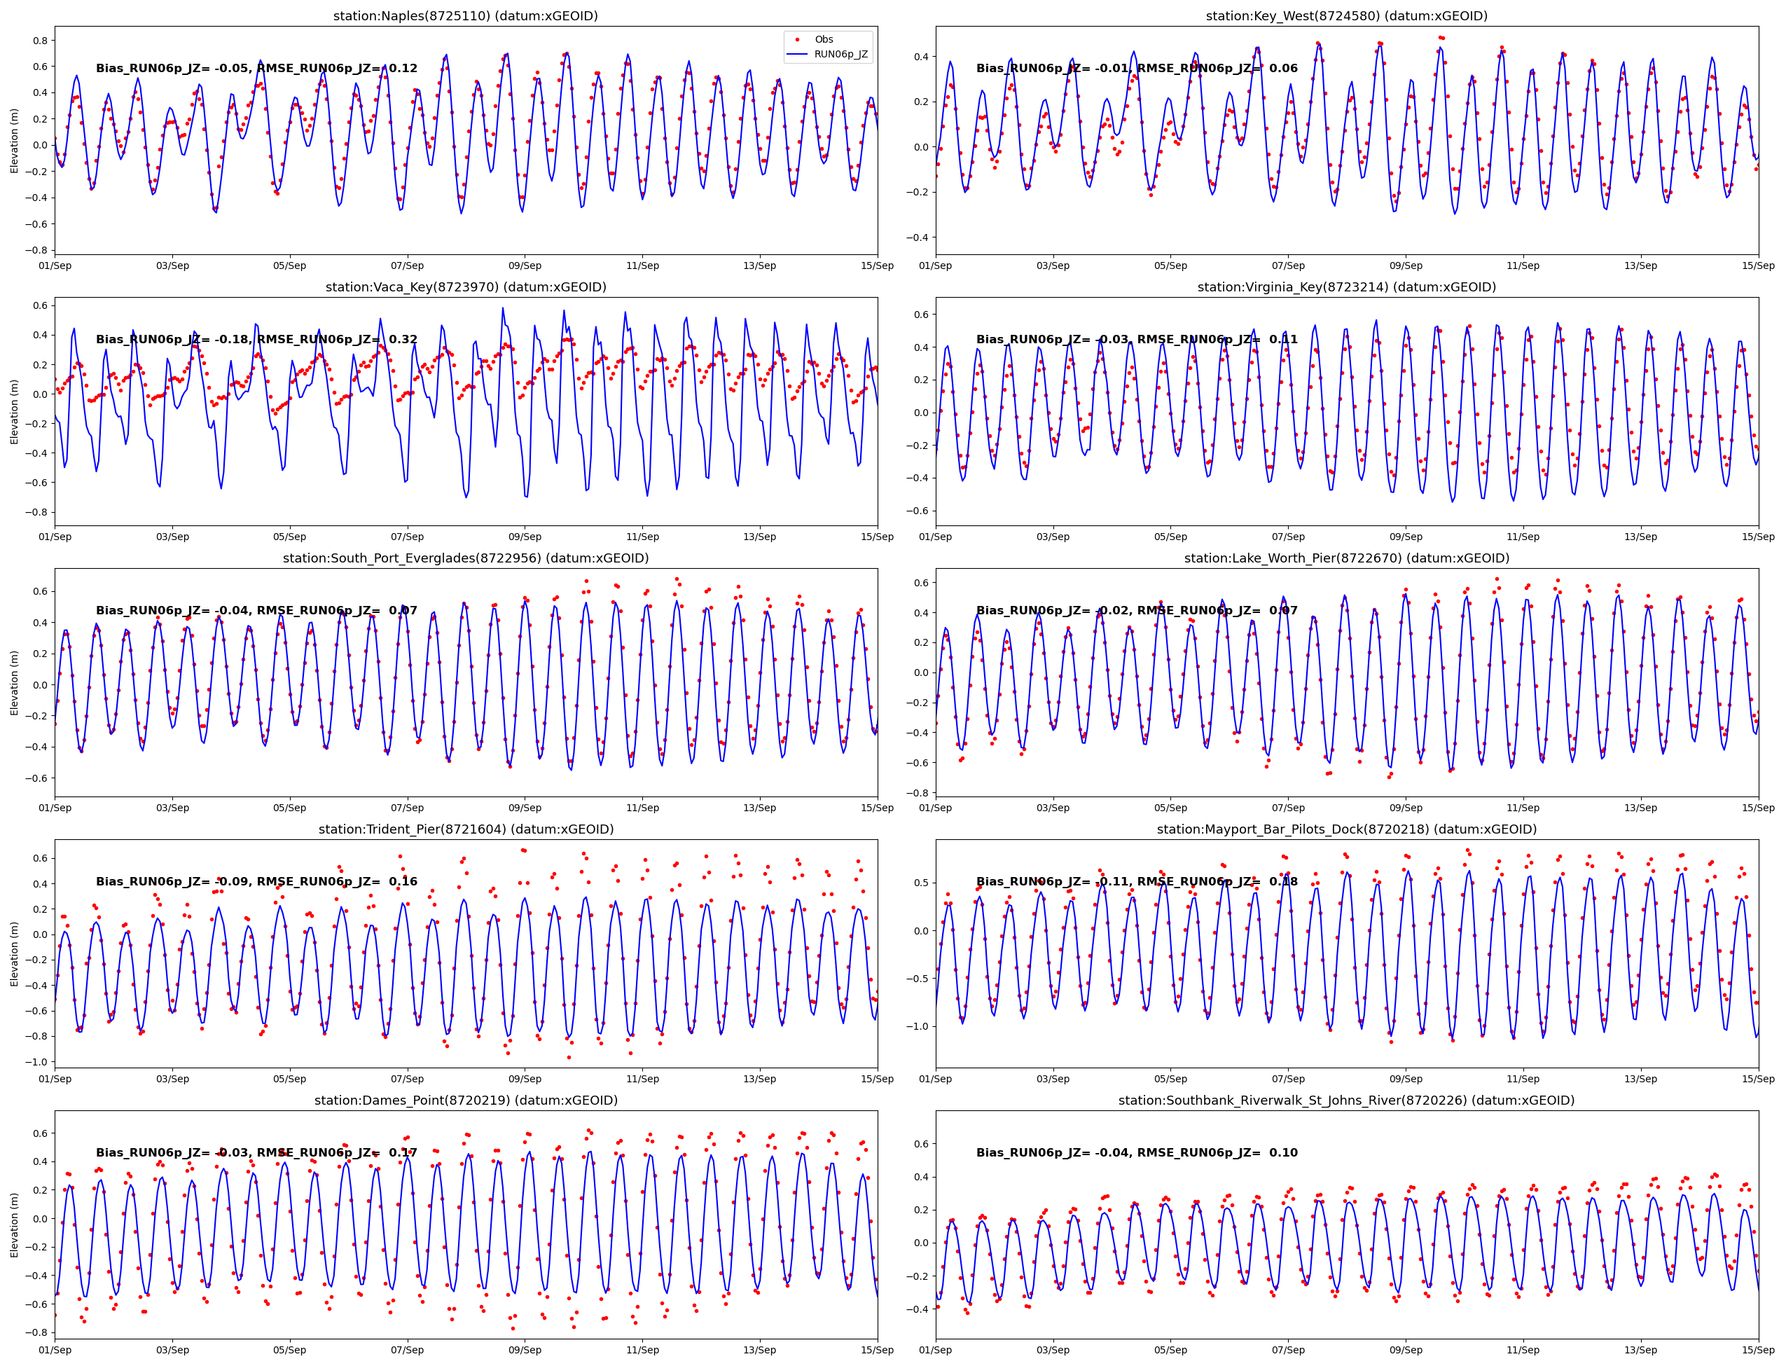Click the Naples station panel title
click(x=465, y=16)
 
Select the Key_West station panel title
click(x=1345, y=16)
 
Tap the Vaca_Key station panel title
click(x=465, y=287)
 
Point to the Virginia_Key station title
click(x=1345, y=287)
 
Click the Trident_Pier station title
click(x=465, y=829)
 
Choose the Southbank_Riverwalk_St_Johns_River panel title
click(x=1345, y=1100)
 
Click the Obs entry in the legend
click(x=824, y=39)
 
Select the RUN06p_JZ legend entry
click(x=840, y=55)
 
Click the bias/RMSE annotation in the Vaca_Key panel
click(x=256, y=339)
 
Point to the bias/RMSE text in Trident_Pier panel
click(x=256, y=881)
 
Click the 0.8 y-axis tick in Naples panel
click(x=39, y=41)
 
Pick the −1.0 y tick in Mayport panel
click(x=916, y=1026)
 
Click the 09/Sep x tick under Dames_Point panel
click(x=525, y=1350)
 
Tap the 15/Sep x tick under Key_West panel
click(x=1757, y=266)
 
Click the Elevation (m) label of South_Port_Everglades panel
click(x=14, y=683)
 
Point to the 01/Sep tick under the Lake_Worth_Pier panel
click(x=936, y=808)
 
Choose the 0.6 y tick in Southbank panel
click(x=920, y=1144)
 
